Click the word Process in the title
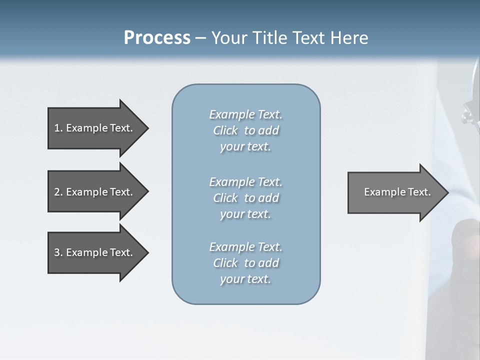[x=157, y=38]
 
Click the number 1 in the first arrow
[x=57, y=128]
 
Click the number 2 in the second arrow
[x=57, y=192]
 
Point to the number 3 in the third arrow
[x=57, y=252]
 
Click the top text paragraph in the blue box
[x=245, y=130]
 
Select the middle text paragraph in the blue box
[x=245, y=198]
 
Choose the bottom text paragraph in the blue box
[x=245, y=263]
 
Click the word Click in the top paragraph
[x=225, y=130]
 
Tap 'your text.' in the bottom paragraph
[x=245, y=279]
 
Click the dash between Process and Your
[x=200, y=38]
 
